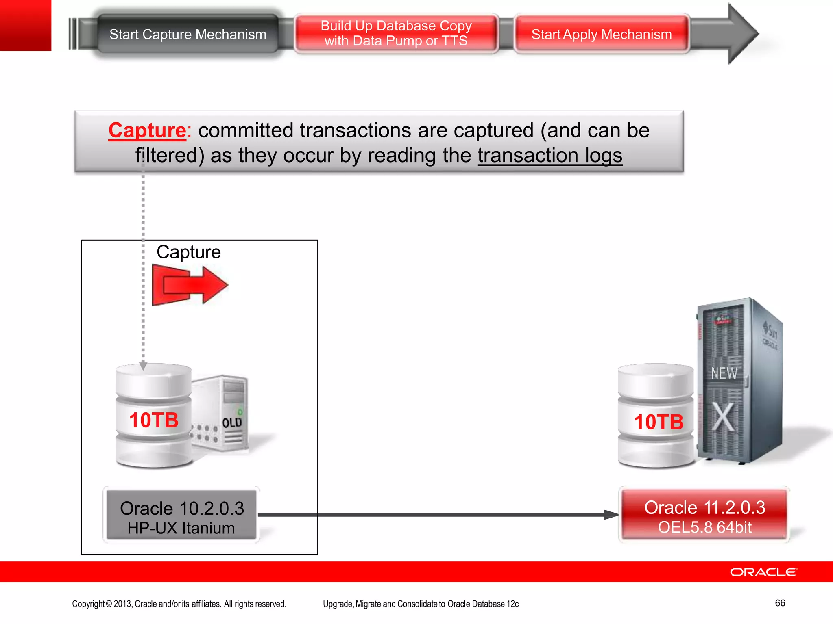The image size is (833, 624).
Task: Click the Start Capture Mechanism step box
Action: (188, 34)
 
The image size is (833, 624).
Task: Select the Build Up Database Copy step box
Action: (396, 33)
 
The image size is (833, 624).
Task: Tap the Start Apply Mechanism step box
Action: (601, 34)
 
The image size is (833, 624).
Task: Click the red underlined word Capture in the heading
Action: (147, 130)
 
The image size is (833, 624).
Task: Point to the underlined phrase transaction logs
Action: (550, 155)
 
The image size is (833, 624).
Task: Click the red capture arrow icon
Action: (190, 285)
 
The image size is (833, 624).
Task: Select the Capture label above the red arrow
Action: (188, 252)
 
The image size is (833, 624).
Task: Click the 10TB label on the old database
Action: (154, 420)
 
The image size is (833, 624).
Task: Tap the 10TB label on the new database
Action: (659, 422)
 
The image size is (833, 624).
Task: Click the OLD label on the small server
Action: (232, 423)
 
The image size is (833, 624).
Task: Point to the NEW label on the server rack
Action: (724, 373)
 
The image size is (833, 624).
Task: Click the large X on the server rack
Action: (724, 417)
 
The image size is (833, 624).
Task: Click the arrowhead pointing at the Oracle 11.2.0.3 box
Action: (611, 515)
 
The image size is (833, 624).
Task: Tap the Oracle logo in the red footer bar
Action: (763, 572)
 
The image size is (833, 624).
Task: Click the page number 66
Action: (780, 603)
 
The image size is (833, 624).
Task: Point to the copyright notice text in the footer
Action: (179, 604)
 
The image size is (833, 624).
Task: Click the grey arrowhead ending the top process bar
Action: (742, 34)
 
